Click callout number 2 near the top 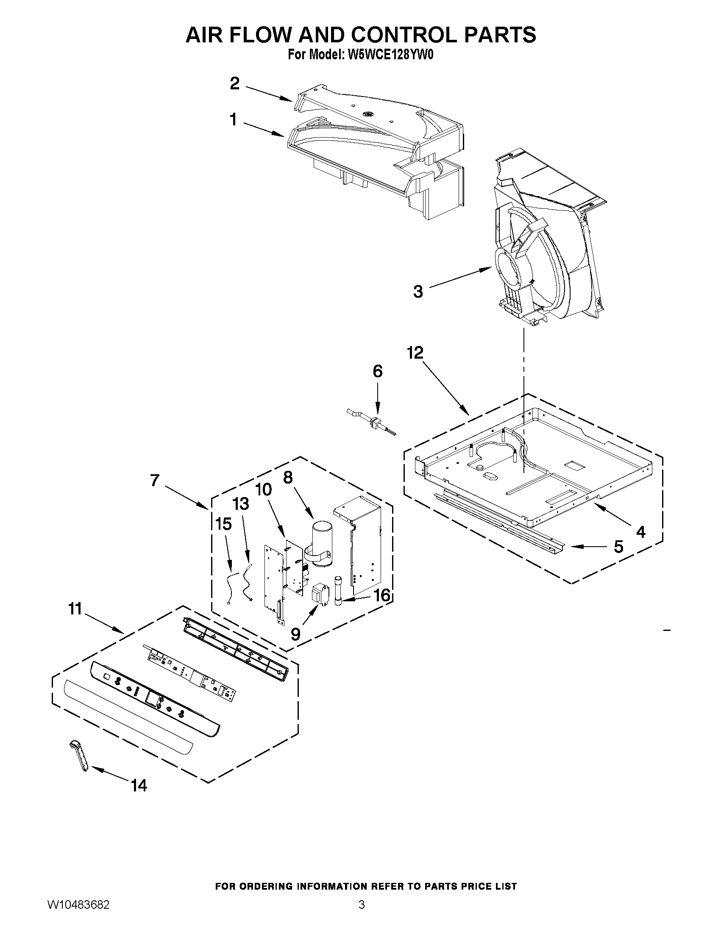(x=234, y=83)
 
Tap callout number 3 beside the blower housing (x=418, y=292)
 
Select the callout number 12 (x=415, y=352)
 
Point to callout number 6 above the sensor (x=378, y=371)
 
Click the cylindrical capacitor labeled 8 (x=324, y=542)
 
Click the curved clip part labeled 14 (x=79, y=756)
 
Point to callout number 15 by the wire (x=223, y=524)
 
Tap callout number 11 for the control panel (x=75, y=609)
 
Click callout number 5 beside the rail (x=618, y=547)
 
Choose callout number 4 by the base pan (x=640, y=531)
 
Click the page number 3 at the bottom (x=362, y=905)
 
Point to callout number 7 (x=155, y=481)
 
